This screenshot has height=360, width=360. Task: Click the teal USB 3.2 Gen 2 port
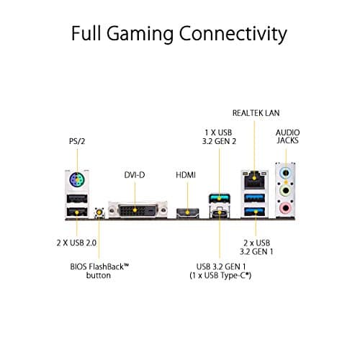[x=217, y=197]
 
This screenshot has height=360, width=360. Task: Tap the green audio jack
[x=287, y=192]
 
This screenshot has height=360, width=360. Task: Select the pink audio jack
[x=287, y=208]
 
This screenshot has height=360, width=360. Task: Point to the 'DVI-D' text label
[x=135, y=175]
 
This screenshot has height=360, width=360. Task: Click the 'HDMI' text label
[x=186, y=175]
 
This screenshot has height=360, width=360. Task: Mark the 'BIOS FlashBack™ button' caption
[x=98, y=271]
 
